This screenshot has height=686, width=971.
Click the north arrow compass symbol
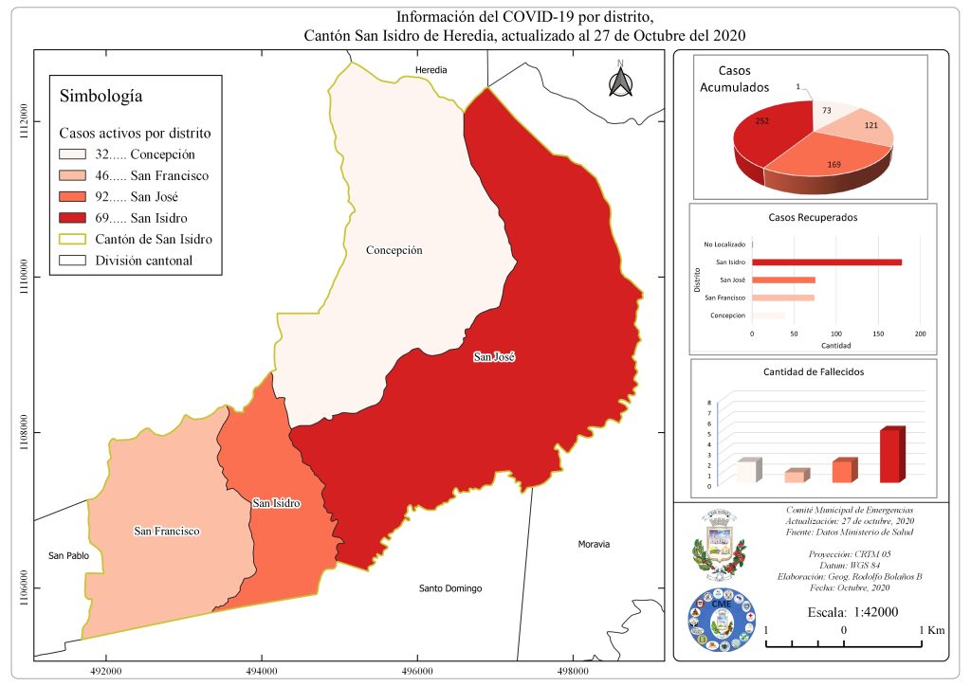point(620,81)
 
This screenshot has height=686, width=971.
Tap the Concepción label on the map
point(394,250)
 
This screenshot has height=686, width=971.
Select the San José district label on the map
point(494,357)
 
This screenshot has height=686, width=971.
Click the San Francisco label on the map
point(167,532)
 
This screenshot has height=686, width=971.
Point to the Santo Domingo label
point(450,588)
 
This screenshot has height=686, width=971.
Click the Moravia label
point(594,544)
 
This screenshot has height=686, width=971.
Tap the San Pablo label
point(68,555)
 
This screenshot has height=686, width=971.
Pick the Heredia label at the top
point(431,70)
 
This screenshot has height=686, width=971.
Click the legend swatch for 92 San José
point(72,197)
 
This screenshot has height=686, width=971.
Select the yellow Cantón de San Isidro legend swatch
point(72,239)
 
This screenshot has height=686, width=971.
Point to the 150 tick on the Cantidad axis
point(878,334)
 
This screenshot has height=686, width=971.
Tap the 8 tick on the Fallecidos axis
point(709,403)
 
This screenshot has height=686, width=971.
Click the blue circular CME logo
point(721,621)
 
